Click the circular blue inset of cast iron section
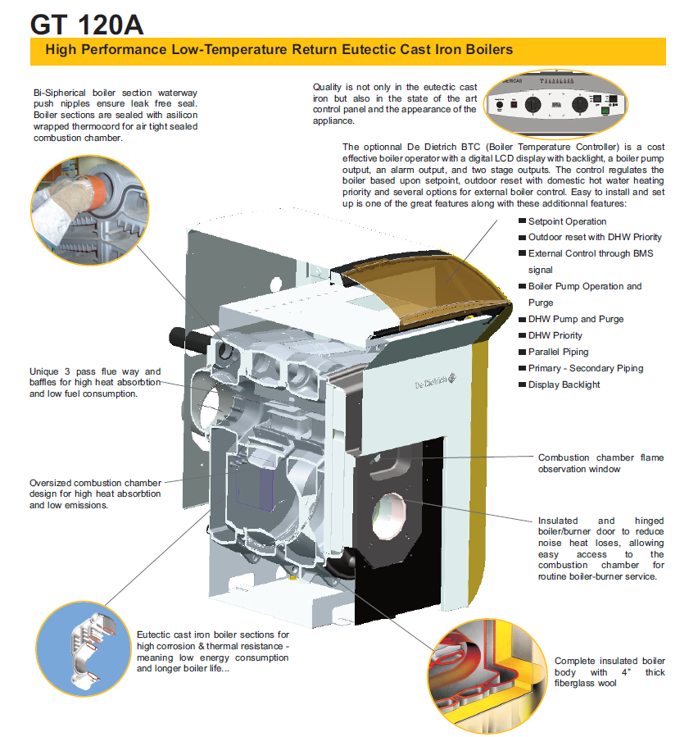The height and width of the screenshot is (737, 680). point(83,644)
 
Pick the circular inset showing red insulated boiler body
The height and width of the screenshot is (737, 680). point(483,666)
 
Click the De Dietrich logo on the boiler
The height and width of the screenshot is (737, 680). point(429,384)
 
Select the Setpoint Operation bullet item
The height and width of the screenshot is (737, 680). point(567,221)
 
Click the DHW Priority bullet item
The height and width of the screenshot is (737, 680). point(555,335)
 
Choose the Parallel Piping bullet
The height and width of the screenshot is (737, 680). point(558,352)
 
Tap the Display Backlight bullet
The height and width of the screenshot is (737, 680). point(564,384)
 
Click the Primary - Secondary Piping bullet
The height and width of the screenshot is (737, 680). point(585,368)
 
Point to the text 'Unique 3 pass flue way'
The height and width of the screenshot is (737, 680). point(95,371)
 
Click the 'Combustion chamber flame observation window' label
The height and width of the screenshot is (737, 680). point(601,463)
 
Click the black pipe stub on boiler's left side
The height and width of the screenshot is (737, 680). point(182,335)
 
